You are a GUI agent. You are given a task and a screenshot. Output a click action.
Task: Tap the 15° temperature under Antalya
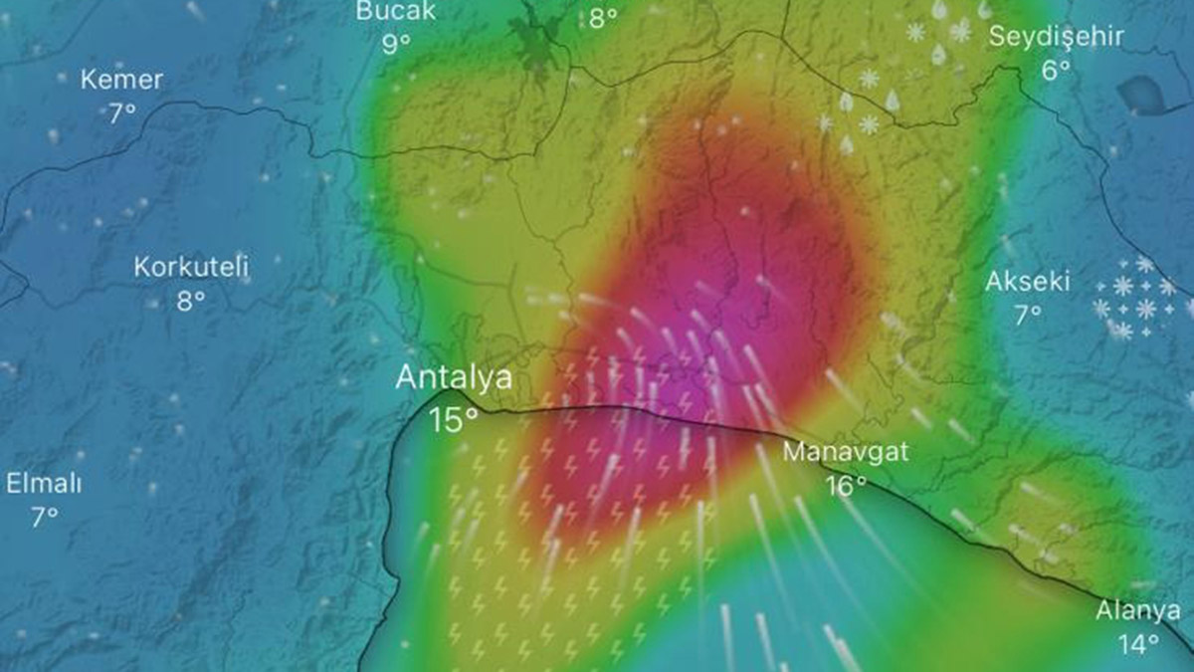[453, 419]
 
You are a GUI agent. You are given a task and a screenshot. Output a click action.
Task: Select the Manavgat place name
[845, 451]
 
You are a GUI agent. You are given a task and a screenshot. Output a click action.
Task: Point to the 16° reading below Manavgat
[845, 486]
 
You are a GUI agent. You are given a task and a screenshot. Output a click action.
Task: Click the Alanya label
[1138, 610]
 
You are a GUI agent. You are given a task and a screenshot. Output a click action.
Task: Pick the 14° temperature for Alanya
[1137, 644]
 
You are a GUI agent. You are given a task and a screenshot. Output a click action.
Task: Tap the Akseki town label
[1028, 282]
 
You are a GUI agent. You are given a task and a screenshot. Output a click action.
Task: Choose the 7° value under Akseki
[1028, 315]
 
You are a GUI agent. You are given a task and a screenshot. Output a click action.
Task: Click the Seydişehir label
[1055, 37]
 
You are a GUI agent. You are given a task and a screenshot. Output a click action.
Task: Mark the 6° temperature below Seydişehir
[1056, 70]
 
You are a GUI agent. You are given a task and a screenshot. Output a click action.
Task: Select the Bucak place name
[396, 11]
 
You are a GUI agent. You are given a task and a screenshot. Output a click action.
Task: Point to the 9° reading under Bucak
[396, 44]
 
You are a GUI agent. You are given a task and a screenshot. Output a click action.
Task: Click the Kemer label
[121, 80]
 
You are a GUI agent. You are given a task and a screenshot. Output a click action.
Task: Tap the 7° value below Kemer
[121, 112]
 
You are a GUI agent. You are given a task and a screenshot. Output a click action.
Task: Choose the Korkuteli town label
[191, 267]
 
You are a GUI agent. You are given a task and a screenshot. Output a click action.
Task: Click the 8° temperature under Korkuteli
[191, 300]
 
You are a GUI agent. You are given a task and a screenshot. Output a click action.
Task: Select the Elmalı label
[44, 485]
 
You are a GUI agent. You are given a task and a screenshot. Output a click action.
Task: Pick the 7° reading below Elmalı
[44, 518]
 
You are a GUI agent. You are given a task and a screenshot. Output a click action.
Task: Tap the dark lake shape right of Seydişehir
[1152, 94]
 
